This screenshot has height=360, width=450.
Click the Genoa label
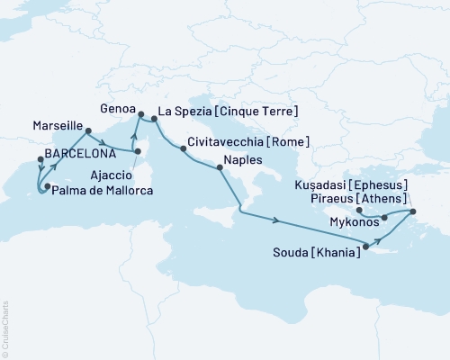point(116,106)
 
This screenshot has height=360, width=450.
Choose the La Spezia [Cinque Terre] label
point(228,113)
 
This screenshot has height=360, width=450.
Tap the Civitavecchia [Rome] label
point(249,143)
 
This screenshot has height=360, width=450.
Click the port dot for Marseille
point(87,131)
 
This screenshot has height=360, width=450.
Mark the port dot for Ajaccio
point(138,164)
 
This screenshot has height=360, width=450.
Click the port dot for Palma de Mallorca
point(47,186)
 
